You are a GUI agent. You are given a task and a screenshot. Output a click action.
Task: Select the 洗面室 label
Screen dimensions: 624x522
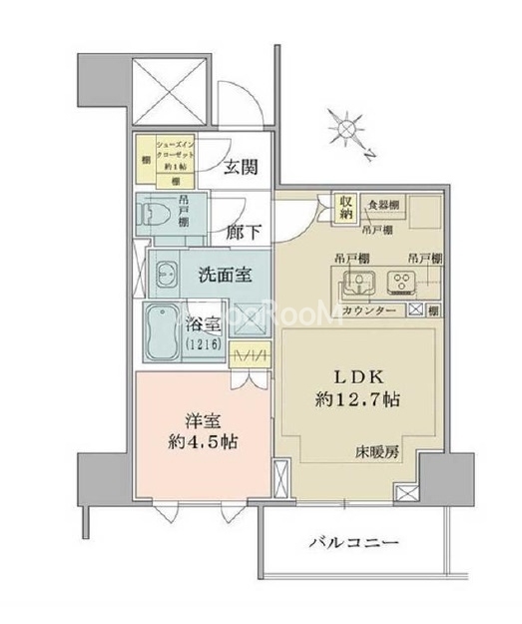224,276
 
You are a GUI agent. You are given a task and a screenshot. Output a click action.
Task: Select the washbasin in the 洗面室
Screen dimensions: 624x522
164,275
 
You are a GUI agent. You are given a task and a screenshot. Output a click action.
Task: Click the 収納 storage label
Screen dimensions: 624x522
345,207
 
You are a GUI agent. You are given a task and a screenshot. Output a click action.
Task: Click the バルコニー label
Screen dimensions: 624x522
353,544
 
